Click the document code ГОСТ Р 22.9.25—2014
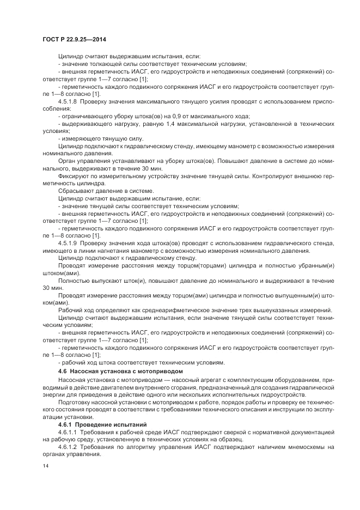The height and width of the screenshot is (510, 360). [x=74, y=39]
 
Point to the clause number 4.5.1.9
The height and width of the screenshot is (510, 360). [x=68, y=242]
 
